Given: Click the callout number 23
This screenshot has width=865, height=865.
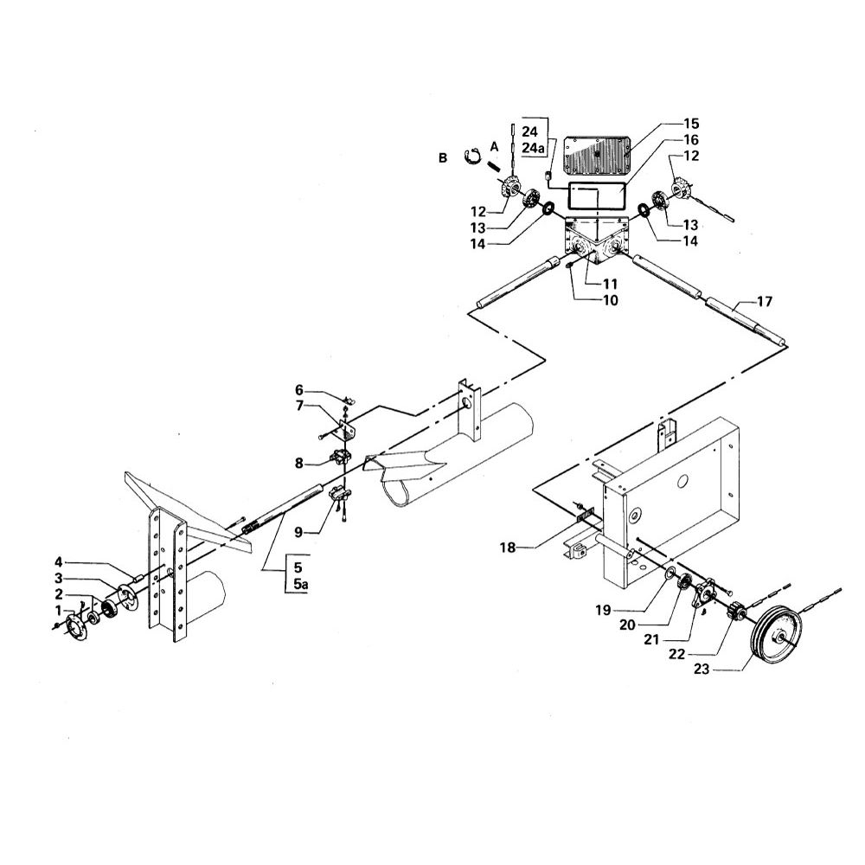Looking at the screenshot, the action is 702,670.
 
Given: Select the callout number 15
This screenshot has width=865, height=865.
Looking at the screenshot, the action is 690,123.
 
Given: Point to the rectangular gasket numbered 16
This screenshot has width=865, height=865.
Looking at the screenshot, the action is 597,197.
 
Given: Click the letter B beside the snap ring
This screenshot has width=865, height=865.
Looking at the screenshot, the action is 443,158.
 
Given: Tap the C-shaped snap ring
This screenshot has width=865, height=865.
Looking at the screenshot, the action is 470,157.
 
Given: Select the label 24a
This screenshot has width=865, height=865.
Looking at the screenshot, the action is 533,148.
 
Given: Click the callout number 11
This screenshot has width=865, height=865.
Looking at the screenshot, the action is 610,284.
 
